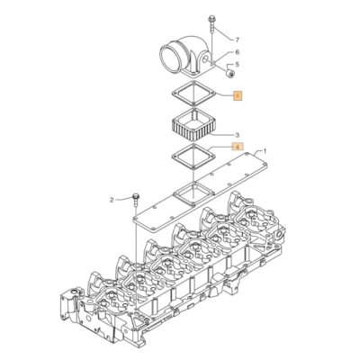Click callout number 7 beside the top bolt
click(238, 40)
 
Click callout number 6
click(238, 53)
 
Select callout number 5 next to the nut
click(238, 66)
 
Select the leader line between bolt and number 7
click(225, 38)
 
